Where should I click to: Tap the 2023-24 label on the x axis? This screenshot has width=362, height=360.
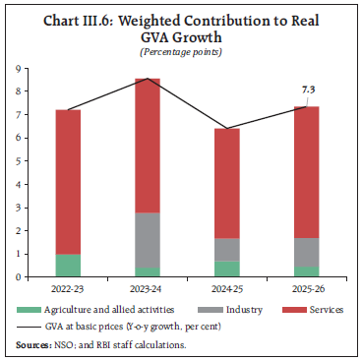coord(147,290)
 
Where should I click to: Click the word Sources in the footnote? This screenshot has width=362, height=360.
coord(35,341)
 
